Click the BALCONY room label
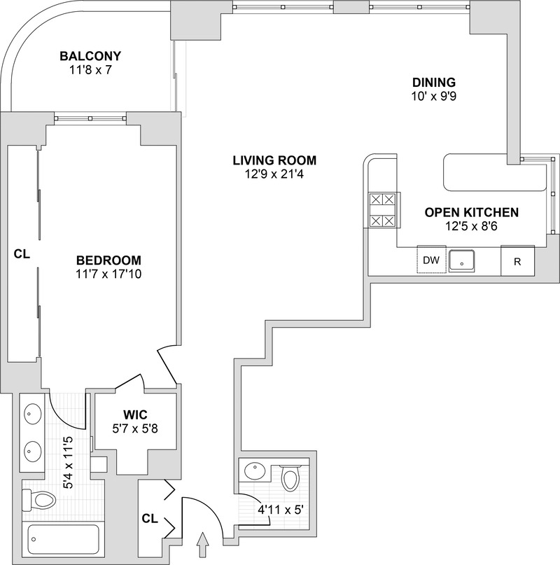coord(90,56)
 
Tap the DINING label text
coord(433,81)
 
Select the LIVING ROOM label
coord(274,160)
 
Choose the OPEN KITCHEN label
coord(471,211)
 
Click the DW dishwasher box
coord(432,260)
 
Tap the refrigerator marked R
coord(517,262)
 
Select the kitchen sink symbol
coord(462,260)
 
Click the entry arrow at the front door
coord(204,541)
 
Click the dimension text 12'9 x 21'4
coord(274,174)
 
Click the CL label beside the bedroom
coord(22,255)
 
